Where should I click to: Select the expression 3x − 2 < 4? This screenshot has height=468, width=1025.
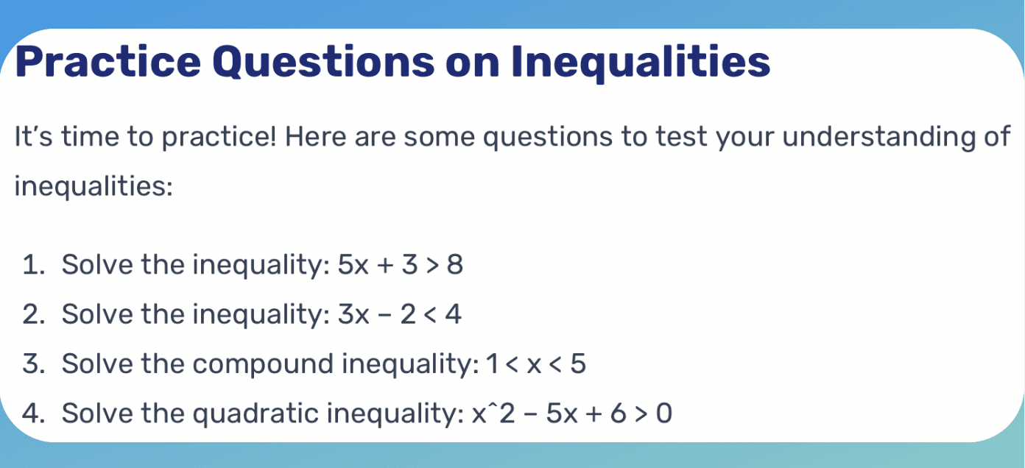pos(399,315)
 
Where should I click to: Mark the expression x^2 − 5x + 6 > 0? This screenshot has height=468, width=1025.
pos(571,414)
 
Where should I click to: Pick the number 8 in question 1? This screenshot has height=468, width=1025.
pos(455,265)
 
